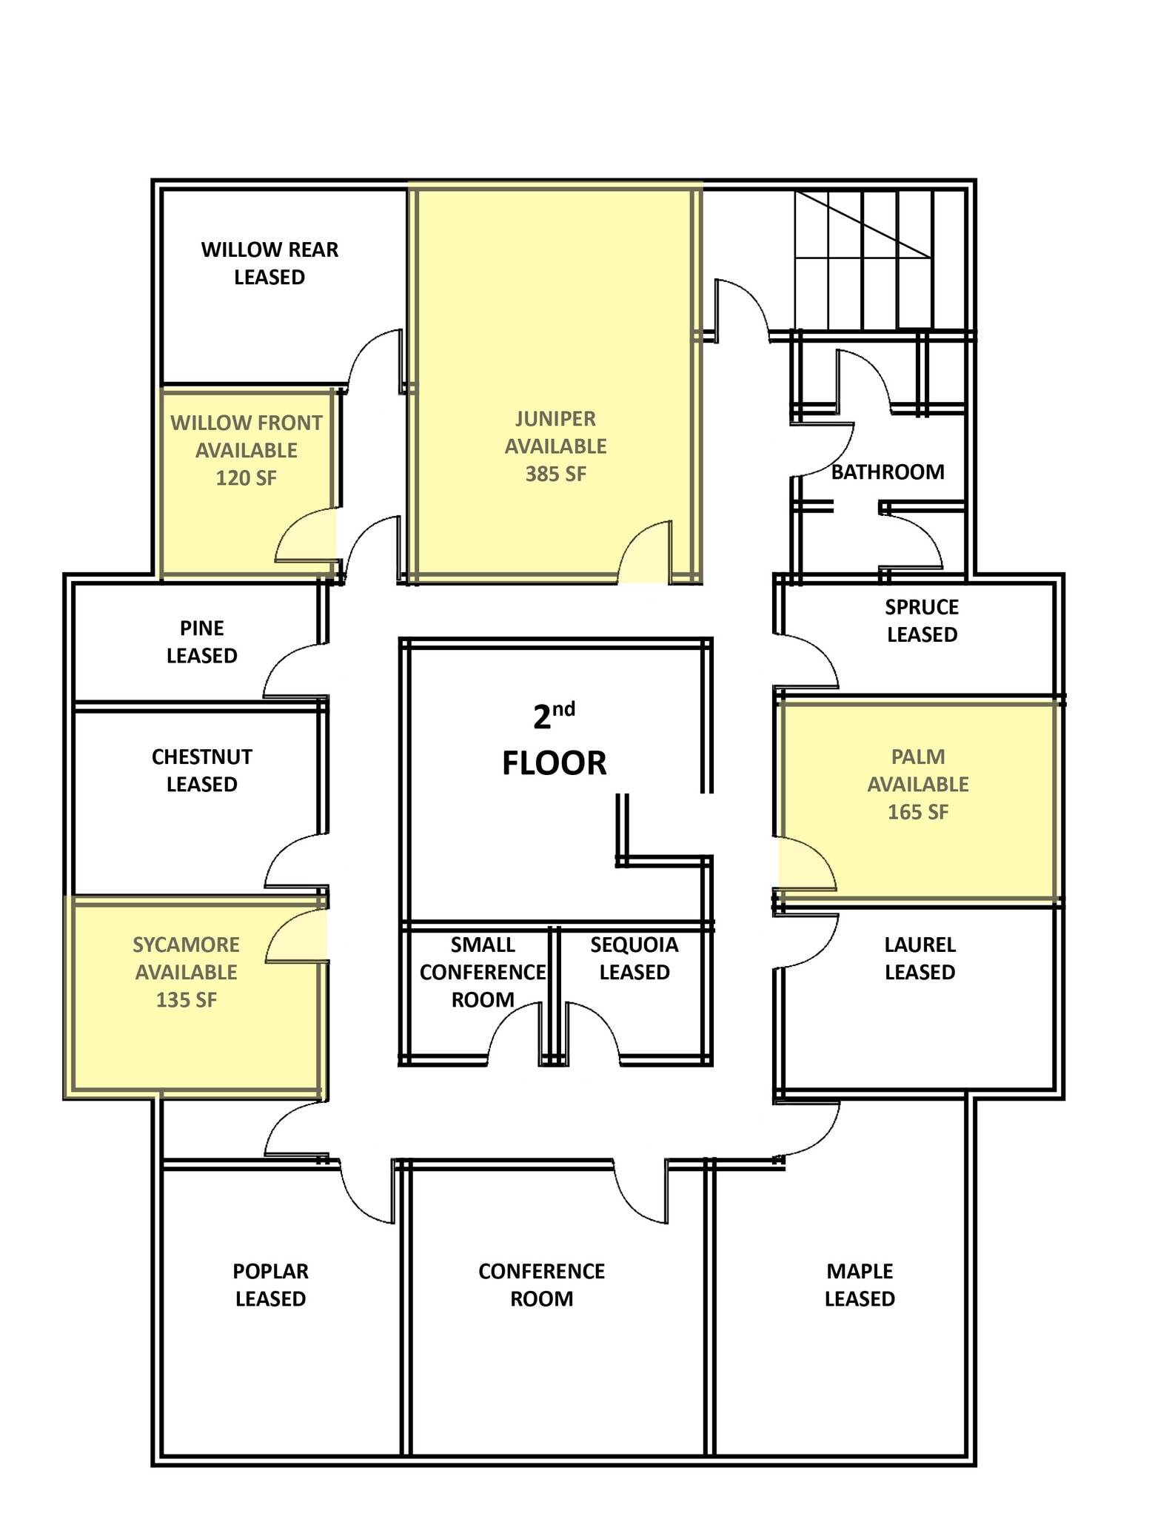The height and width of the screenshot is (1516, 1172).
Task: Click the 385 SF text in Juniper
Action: [x=555, y=474]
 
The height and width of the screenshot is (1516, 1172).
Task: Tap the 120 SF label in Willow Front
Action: [x=246, y=478]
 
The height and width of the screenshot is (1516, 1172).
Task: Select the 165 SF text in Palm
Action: [x=917, y=812]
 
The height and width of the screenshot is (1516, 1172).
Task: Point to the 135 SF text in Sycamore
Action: [x=186, y=1000]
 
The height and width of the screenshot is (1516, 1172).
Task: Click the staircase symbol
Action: [x=863, y=259]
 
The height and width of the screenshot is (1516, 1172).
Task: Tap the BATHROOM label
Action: [x=887, y=472]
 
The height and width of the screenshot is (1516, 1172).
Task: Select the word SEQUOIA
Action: [x=634, y=945]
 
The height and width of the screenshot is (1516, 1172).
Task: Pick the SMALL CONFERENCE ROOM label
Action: [x=482, y=972]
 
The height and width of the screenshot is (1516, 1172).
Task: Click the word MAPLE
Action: [x=860, y=1271]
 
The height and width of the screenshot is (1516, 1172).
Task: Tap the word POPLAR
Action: [x=270, y=1271]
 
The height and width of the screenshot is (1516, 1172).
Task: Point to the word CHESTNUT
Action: [x=201, y=757]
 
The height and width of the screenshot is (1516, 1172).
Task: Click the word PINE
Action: [x=201, y=628]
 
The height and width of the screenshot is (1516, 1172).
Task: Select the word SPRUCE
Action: [x=921, y=607]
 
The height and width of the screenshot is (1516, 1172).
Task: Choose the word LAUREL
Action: [x=920, y=945]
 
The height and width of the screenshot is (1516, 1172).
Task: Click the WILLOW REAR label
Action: [x=269, y=250]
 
